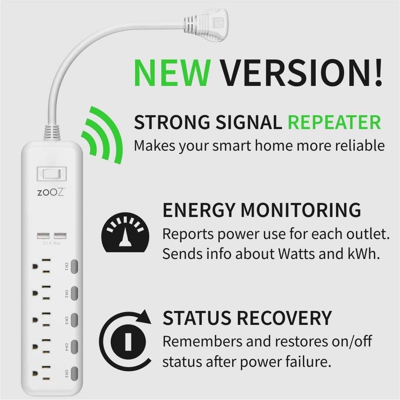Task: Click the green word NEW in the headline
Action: pos(172,74)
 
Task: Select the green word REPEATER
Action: pos(334,122)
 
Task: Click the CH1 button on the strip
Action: pos(74,266)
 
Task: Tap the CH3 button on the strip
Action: pos(74,320)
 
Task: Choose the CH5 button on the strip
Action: pos(74,373)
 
